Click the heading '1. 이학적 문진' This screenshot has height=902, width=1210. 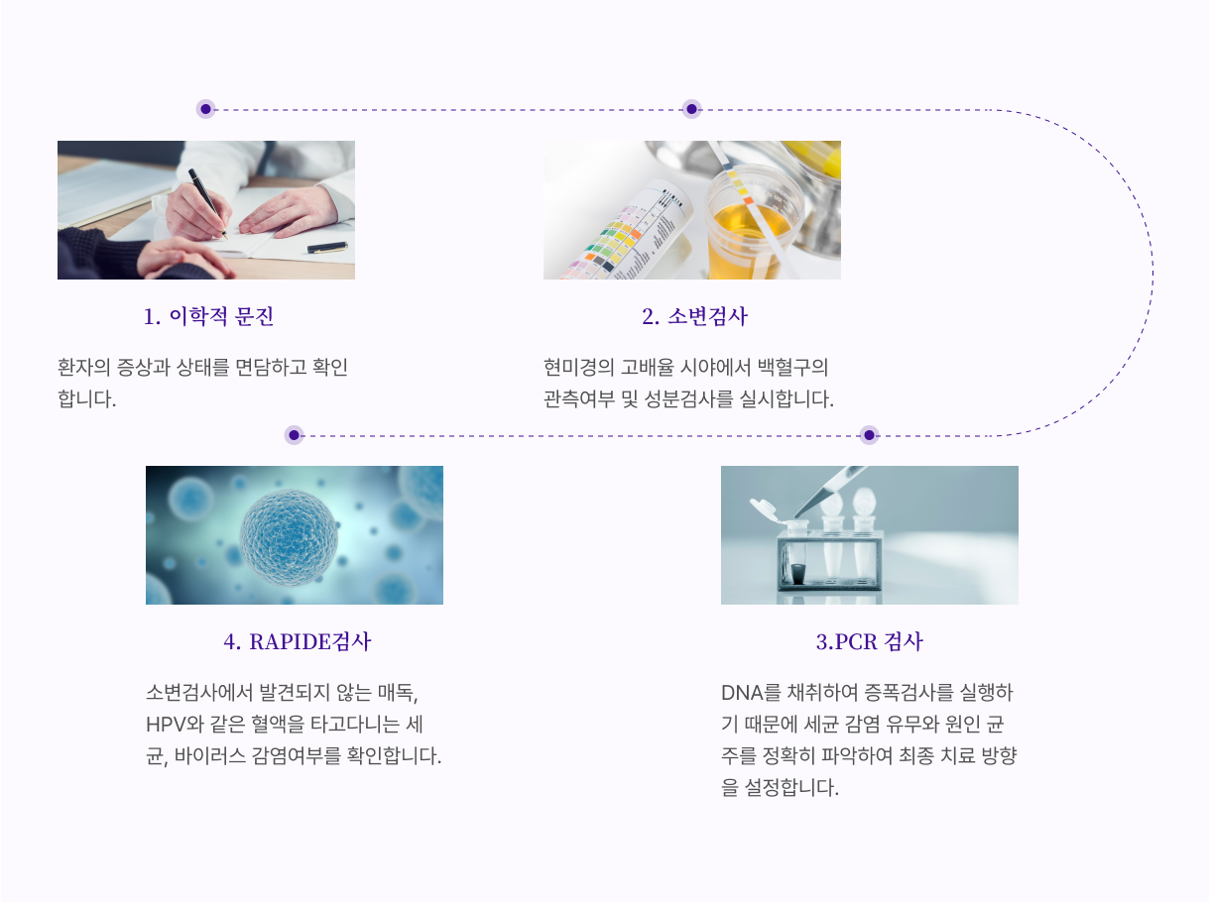point(208,316)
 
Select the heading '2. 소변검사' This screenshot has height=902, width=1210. point(694,316)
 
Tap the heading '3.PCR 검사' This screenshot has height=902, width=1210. point(870,641)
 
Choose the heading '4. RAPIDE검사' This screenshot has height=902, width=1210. point(298,641)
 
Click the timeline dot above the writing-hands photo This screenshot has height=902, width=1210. point(205,109)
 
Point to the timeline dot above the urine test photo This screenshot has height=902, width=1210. point(692,109)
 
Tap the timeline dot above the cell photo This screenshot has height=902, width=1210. point(294,435)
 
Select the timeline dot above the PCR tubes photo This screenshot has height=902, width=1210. point(870,435)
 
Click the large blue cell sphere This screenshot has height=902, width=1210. point(289,537)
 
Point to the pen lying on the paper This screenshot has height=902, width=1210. point(327,248)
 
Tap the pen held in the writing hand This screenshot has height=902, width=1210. point(208,202)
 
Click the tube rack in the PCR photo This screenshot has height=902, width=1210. point(829,561)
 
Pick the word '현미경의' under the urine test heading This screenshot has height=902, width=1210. point(578,368)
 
